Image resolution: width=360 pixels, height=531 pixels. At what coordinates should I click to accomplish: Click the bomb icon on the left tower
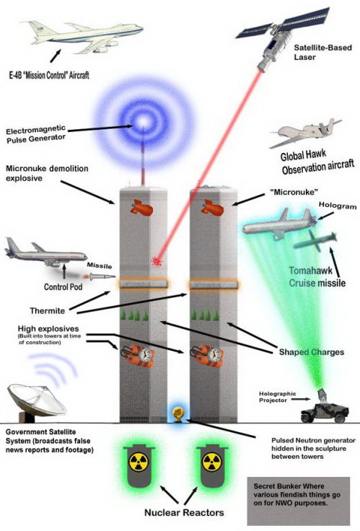(141, 207)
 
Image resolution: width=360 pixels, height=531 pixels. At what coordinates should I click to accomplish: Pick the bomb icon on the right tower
(212, 207)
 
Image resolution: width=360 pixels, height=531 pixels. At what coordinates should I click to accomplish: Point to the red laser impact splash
(157, 260)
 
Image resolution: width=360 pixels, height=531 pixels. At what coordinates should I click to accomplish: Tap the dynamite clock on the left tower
(138, 356)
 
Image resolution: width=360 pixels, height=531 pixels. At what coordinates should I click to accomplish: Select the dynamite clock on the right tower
(207, 356)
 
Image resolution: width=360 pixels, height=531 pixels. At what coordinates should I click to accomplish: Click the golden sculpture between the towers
(178, 414)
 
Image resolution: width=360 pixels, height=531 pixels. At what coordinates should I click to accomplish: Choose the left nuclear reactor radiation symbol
(139, 462)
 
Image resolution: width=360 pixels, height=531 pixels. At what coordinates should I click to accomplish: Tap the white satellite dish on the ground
(35, 402)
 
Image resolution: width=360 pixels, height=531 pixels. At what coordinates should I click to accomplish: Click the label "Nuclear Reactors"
(184, 512)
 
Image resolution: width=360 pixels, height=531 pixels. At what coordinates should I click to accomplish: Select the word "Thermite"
(48, 310)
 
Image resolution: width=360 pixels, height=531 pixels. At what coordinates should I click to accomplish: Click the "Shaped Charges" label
(311, 352)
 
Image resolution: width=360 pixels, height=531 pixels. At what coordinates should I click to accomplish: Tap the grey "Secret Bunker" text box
(298, 501)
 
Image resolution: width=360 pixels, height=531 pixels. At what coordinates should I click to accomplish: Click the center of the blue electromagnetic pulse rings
(144, 121)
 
